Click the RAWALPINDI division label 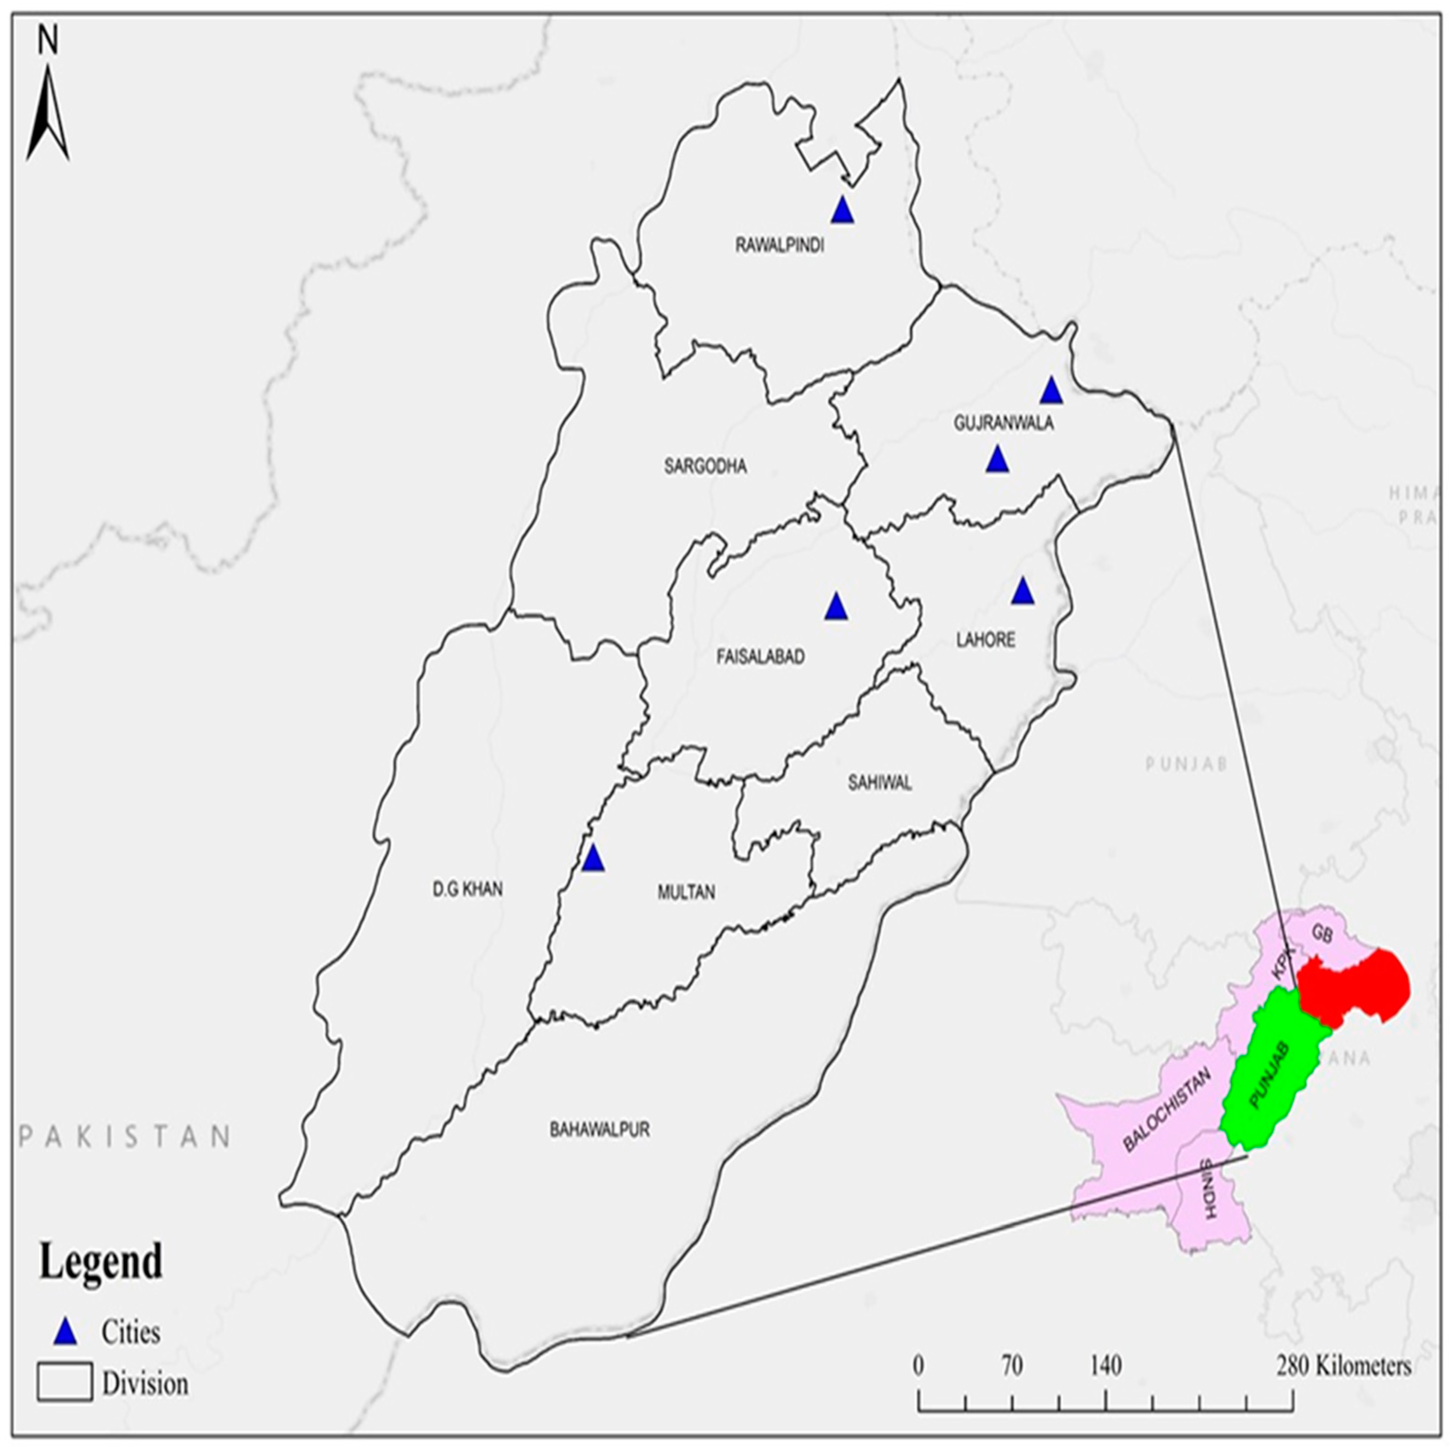[x=779, y=246]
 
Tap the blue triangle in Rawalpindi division [x=842, y=211]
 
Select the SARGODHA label [x=705, y=467]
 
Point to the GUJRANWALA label [x=1003, y=423]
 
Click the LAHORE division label [x=985, y=640]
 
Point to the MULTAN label [x=686, y=892]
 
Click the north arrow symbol [x=48, y=113]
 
